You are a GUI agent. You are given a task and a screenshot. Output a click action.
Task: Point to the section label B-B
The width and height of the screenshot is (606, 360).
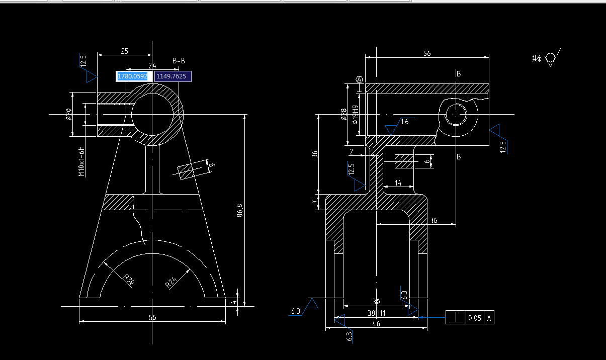coord(179,61)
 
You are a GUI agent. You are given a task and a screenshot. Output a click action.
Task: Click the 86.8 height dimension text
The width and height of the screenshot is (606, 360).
coord(240,210)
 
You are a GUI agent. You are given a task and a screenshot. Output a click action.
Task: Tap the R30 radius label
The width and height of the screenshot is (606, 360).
coord(129,279)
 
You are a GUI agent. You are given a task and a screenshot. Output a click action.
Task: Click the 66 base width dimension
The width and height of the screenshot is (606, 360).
coord(152,317)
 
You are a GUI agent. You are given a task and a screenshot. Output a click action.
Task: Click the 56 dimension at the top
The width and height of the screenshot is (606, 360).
coord(427,53)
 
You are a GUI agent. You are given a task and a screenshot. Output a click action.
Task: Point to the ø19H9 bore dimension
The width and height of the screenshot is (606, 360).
coord(355,115)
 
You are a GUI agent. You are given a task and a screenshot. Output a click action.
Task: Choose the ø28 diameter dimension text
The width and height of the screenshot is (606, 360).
coord(344,115)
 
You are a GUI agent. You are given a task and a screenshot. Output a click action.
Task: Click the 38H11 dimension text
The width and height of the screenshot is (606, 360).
coord(376,313)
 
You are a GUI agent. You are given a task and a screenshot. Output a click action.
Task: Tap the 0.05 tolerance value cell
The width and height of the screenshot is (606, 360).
coord(474,318)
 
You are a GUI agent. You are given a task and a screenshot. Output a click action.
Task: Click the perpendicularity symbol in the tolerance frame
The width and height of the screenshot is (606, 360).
coord(456,318)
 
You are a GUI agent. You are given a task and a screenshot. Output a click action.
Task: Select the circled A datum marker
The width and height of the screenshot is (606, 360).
coord(359,79)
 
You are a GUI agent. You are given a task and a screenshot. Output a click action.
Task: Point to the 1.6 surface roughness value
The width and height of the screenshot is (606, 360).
coord(405,122)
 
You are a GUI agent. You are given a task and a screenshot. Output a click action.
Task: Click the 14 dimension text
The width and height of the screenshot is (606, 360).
coord(398,184)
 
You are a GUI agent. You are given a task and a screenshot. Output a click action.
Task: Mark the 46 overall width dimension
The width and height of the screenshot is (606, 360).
coord(376,324)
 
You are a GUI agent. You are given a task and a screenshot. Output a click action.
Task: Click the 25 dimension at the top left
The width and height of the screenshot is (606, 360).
coord(124,51)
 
